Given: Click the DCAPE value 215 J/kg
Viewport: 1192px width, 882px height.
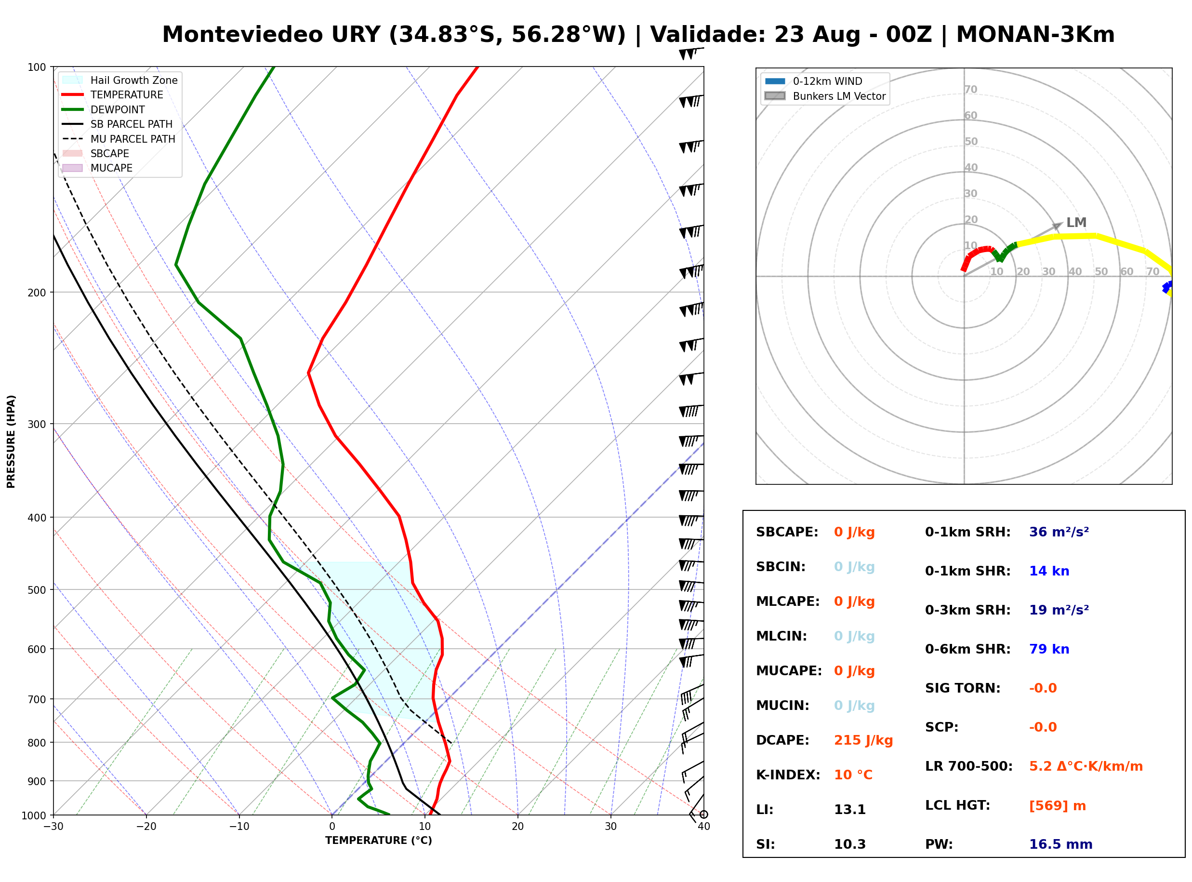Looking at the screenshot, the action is click(x=863, y=740).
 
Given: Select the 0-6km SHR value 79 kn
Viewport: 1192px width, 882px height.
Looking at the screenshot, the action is click(x=1049, y=649).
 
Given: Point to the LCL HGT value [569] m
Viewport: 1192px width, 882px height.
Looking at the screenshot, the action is click(x=1058, y=806).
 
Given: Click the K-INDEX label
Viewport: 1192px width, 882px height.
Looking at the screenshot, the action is click(x=788, y=775).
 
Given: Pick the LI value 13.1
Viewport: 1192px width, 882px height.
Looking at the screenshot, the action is click(x=850, y=810).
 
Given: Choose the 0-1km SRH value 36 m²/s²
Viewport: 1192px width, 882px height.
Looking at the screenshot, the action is click(x=1059, y=532).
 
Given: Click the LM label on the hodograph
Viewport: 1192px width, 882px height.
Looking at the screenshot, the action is click(x=1076, y=222).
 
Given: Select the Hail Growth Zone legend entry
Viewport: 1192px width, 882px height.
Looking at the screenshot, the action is click(x=120, y=80).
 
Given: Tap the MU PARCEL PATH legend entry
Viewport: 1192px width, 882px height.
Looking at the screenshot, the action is click(x=119, y=139).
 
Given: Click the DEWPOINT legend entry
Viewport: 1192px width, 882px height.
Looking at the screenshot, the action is click(x=104, y=109).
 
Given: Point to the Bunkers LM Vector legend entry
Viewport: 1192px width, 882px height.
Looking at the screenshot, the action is click(x=825, y=96).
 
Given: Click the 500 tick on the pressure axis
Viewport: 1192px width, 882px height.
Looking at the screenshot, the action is click(x=36, y=590).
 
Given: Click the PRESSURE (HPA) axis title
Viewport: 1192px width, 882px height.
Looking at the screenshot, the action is click(x=11, y=441).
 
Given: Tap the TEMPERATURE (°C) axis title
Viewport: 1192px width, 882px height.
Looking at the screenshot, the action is click(x=379, y=841).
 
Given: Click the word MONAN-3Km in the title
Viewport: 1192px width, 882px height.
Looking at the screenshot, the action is click(x=1035, y=35).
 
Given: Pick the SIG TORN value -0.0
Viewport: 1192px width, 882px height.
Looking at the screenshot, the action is click(x=1043, y=688).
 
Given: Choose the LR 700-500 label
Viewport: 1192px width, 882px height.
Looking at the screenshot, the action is click(x=968, y=767).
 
